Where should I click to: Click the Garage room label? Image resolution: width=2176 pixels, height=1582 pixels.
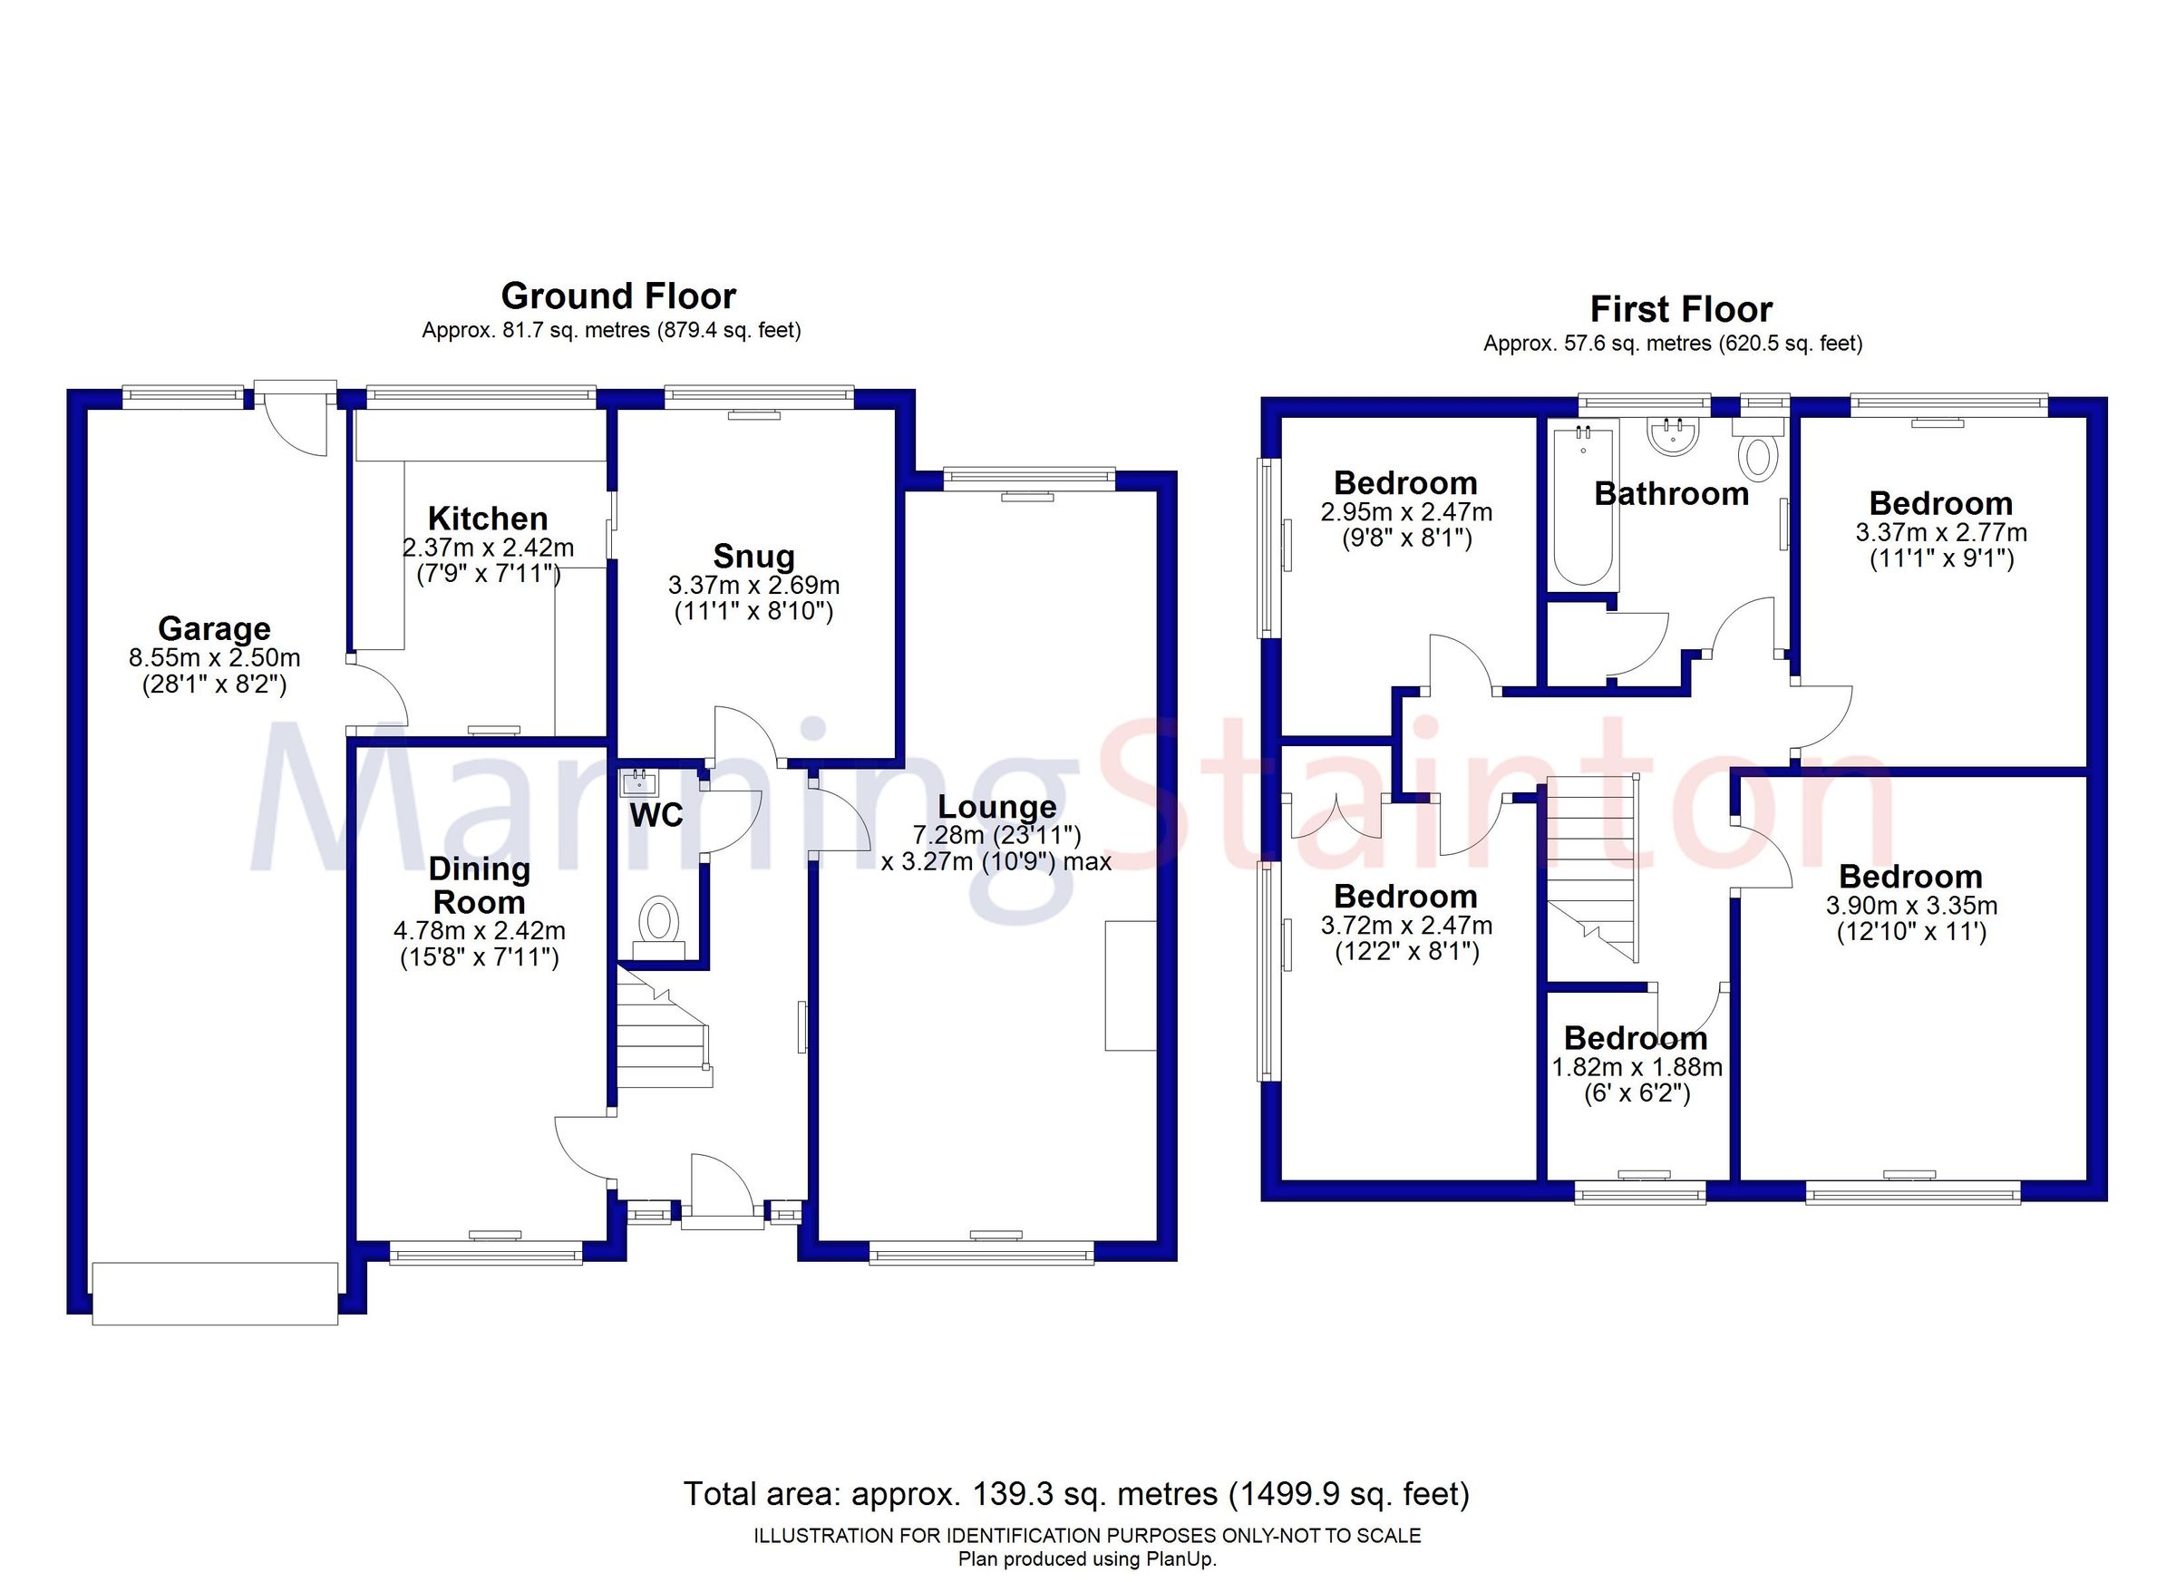pyautogui.click(x=214, y=628)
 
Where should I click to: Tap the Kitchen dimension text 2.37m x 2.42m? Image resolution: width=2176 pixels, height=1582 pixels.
pyautogui.click(x=488, y=548)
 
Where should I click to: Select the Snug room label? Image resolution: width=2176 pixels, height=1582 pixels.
pyautogui.click(x=753, y=557)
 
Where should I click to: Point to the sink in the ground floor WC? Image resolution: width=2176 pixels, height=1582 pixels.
pyautogui.click(x=638, y=783)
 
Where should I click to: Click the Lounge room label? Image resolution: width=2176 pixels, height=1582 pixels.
pyautogui.click(x=996, y=807)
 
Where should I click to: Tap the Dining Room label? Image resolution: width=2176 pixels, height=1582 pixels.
pyautogui.click(x=479, y=886)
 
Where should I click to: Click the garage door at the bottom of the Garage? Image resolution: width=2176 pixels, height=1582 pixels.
pyautogui.click(x=215, y=1295)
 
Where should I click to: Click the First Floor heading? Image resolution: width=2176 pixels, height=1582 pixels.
pyautogui.click(x=1680, y=309)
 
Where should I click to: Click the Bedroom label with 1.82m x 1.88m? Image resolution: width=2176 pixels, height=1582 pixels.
pyautogui.click(x=1635, y=1038)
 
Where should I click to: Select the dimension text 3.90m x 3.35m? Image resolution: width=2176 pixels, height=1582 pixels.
pyautogui.click(x=1910, y=906)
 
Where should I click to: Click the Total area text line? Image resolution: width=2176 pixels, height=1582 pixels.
pyautogui.click(x=1075, y=1494)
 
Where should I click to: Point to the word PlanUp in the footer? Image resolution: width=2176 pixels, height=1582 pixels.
pyautogui.click(x=1185, y=1559)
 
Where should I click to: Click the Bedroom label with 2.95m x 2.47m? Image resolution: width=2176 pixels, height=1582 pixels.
pyautogui.click(x=1404, y=482)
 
